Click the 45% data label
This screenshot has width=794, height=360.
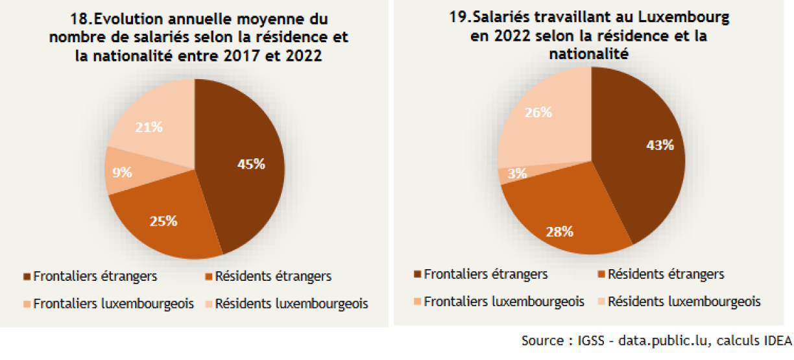[252, 164]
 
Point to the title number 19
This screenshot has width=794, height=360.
[457, 18]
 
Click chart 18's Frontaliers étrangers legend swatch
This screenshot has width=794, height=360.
[27, 277]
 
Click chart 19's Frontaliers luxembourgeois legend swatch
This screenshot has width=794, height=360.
[417, 302]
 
